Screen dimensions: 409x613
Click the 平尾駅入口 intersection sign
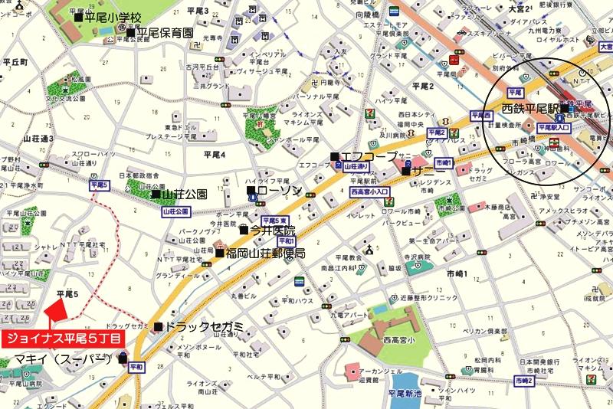pos(556,127)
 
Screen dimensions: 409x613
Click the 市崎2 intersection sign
pos(524,381)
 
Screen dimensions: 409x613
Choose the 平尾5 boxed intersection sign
pos(99,185)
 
